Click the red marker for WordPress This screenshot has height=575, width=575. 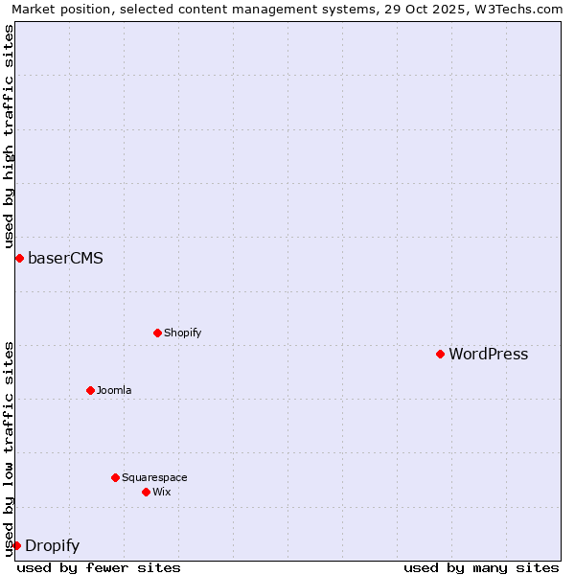[x=440, y=354]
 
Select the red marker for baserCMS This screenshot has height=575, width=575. [x=19, y=258]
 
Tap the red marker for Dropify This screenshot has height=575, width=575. [x=16, y=545]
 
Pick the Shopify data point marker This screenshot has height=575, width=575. [x=157, y=333]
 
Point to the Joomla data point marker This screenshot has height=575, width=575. [x=90, y=390]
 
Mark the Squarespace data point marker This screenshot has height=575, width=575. [x=115, y=477]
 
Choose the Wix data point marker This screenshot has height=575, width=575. [x=146, y=492]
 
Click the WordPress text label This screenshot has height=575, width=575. [x=488, y=355]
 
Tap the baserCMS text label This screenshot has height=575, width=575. [x=65, y=259]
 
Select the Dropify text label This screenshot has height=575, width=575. [x=52, y=546]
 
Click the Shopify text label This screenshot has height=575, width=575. [x=182, y=333]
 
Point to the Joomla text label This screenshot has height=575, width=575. [x=114, y=391]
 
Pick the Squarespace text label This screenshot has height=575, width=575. [x=154, y=478]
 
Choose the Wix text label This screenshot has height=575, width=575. [x=161, y=493]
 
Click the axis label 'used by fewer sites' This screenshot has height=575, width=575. [x=99, y=567]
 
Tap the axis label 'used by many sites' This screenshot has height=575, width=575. [x=481, y=567]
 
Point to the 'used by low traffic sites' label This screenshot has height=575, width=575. [x=10, y=448]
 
